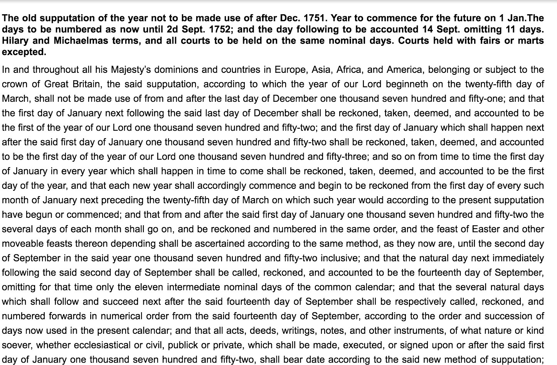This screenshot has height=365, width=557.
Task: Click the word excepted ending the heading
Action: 24,52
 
